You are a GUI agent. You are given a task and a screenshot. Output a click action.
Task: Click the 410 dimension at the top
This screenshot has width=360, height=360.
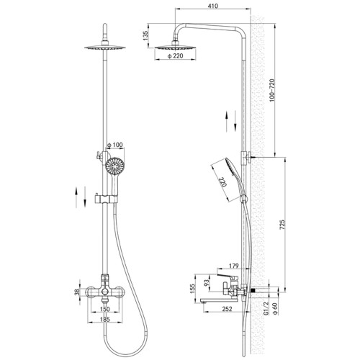pos(213,6)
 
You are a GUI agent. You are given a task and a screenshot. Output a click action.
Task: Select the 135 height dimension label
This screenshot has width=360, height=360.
pos(146,35)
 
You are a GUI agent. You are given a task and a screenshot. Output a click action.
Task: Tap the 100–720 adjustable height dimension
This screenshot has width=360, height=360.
pos(271,90)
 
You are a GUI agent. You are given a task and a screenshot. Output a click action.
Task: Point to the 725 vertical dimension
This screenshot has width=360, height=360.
pos(283,225)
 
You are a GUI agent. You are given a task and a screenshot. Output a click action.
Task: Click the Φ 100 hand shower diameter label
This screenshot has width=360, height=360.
pos(114,145)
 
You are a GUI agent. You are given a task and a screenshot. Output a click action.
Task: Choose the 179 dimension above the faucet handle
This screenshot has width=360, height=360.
pos(234,266)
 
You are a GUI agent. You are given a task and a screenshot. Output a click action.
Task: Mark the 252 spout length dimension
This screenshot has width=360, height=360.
pos(227,309)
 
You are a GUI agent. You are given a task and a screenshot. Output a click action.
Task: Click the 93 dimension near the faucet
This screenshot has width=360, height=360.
pos(207,283)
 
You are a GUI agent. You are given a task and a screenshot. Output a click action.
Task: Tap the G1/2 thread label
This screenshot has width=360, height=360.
pos(266,309)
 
